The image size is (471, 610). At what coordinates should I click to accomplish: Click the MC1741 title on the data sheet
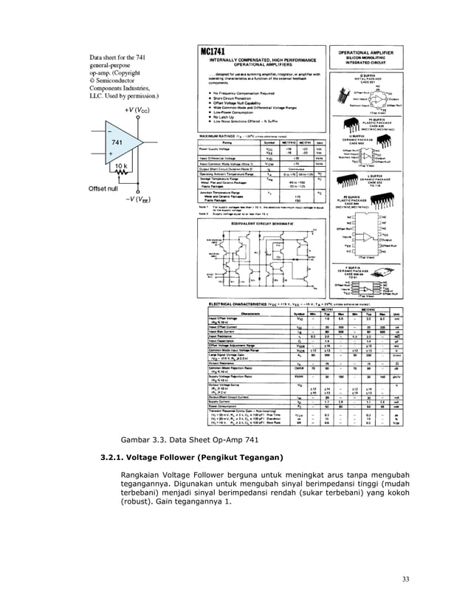pos(215,51)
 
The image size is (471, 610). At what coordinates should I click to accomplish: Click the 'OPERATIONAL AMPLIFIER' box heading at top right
pos(369,52)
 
